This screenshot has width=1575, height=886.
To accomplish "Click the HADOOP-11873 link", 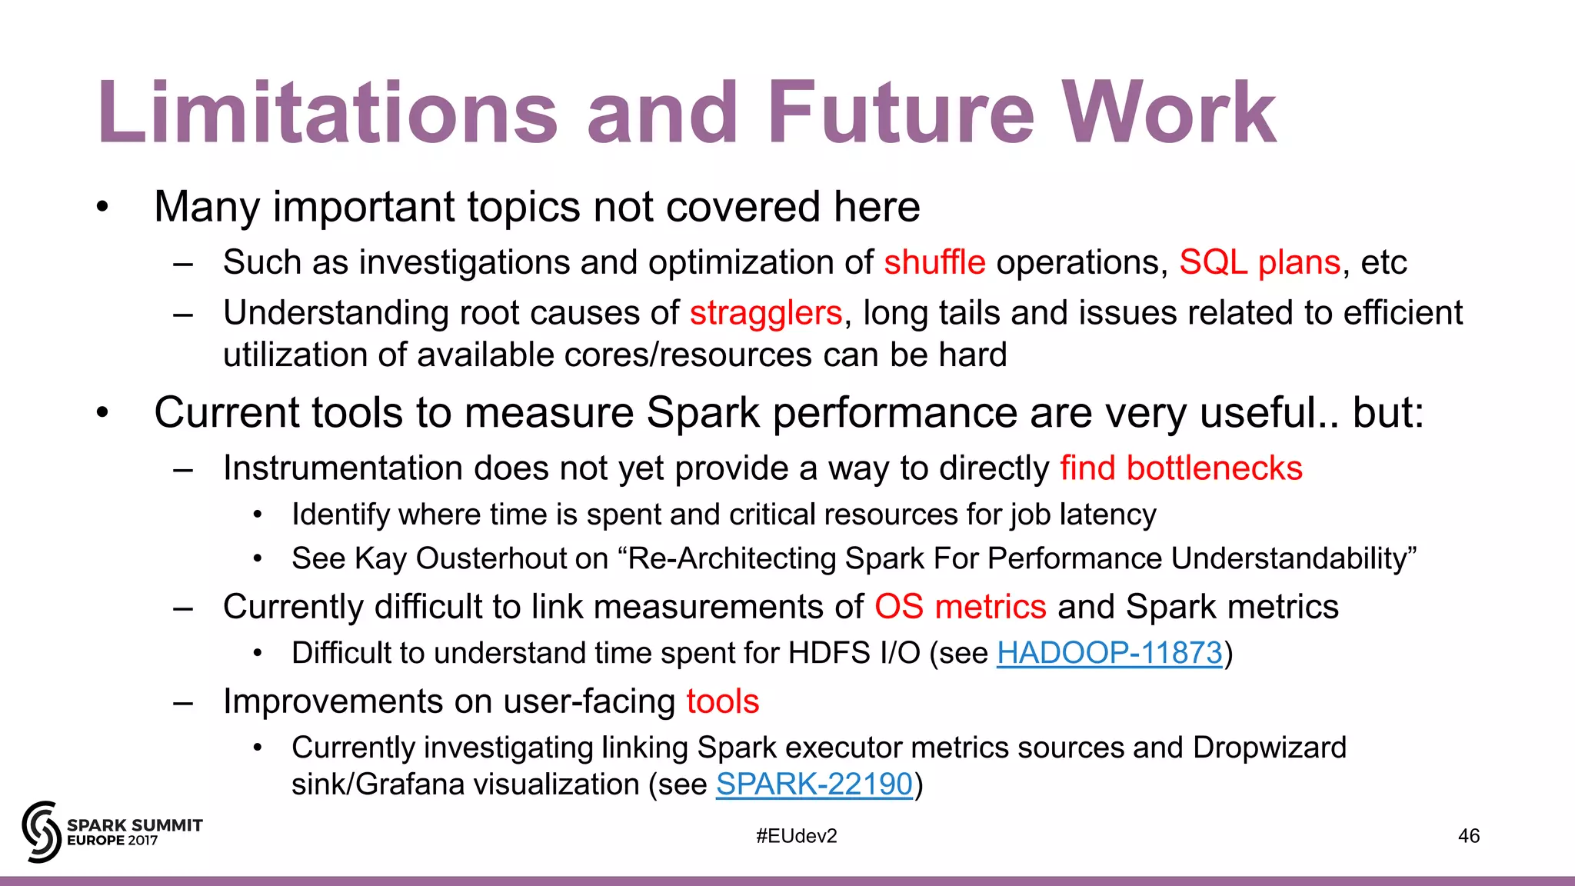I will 1109,653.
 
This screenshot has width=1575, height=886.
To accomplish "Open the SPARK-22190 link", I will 814,784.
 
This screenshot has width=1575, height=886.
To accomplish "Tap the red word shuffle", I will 934,263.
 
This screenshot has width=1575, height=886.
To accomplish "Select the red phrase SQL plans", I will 1260,263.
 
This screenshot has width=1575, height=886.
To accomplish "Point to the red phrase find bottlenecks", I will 1181,468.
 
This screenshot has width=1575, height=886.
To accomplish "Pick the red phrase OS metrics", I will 960,607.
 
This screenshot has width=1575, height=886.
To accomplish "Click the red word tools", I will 723,701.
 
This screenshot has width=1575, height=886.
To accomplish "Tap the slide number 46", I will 1468,836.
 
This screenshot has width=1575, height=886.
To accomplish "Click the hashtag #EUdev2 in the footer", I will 796,836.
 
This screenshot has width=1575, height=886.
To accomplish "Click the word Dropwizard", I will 1269,748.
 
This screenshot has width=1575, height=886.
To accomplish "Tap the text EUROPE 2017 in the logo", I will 112,841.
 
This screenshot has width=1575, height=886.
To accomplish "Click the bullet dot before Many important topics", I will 102,208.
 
